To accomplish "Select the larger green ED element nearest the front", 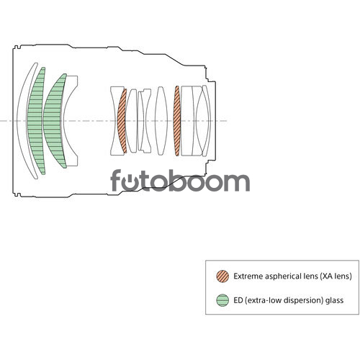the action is point(35,120).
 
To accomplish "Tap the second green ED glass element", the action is point(53,120).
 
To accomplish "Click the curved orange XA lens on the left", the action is point(121,120).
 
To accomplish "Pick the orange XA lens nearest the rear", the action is point(177,121).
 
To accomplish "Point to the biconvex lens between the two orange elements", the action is point(161,121).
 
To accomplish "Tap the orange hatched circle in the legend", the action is point(222,276).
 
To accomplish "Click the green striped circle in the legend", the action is point(222,300).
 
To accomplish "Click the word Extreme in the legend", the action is point(248,276).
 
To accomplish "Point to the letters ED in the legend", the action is point(238,300).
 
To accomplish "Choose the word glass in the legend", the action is point(334,301).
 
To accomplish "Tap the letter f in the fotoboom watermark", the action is point(116,181).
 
